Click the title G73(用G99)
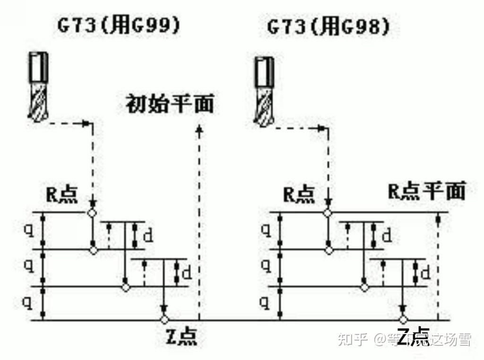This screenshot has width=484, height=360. click(x=119, y=26)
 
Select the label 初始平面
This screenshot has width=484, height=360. click(x=169, y=104)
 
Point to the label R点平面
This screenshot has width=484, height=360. click(x=427, y=191)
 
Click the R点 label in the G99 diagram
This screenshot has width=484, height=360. click(x=61, y=194)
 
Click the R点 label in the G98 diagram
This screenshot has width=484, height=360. click(x=299, y=194)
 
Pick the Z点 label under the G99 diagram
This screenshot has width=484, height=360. click(x=181, y=336)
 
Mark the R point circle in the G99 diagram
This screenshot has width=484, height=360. click(x=92, y=212)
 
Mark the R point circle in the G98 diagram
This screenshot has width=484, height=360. click(x=327, y=212)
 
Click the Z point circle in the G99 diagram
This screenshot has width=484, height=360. click(x=164, y=319)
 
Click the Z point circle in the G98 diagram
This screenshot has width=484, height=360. click(x=403, y=319)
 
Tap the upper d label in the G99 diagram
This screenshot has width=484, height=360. click(x=147, y=235)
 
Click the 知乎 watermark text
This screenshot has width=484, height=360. click(x=352, y=339)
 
